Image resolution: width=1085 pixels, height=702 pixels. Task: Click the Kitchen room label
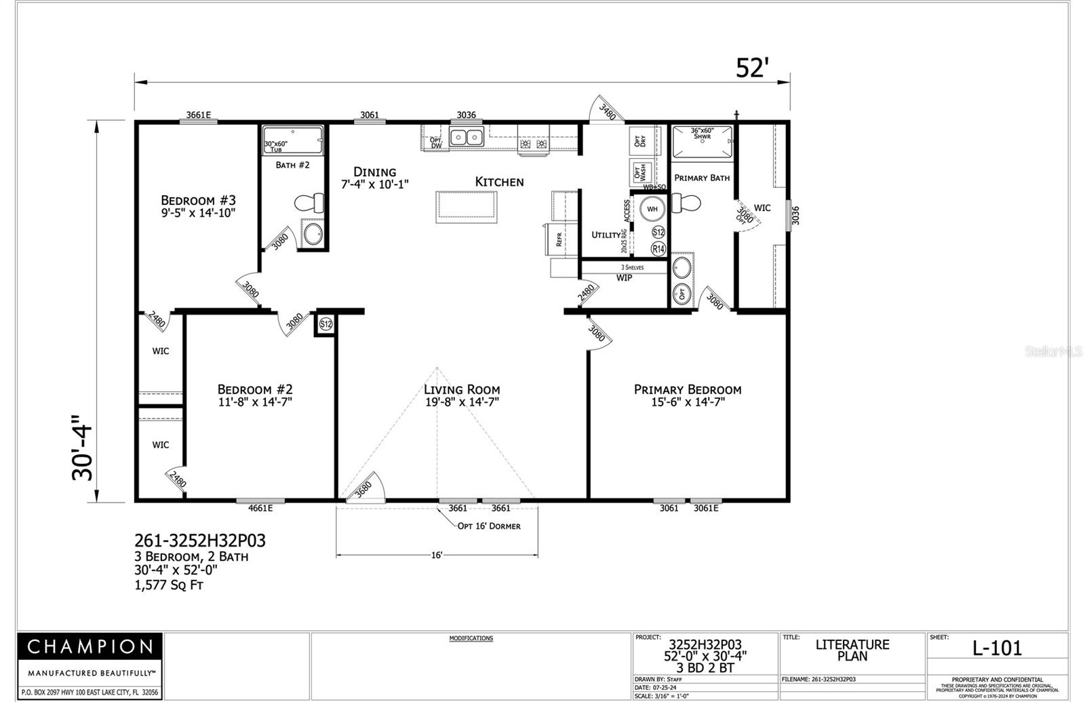[499, 182]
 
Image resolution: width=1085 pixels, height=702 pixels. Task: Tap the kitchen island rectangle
[467, 207]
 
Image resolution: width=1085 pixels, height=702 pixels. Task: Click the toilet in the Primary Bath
[686, 203]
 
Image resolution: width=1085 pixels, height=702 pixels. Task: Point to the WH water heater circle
[651, 209]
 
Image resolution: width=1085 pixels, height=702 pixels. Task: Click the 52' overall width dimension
[753, 69]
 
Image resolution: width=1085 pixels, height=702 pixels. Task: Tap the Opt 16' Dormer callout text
[489, 526]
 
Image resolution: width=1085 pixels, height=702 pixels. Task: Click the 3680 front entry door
[366, 488]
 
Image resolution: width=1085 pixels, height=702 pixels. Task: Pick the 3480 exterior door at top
[606, 111]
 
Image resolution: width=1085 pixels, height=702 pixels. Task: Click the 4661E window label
[260, 508]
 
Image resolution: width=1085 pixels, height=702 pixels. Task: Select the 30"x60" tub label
[276, 146]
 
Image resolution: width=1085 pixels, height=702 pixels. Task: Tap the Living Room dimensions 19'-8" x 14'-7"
[461, 402]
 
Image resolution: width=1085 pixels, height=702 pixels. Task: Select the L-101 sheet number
[997, 648]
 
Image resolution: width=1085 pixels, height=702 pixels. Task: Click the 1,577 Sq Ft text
[169, 585]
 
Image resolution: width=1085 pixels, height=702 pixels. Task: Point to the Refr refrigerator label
[559, 239]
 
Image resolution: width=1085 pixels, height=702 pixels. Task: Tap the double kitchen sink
[467, 138]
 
